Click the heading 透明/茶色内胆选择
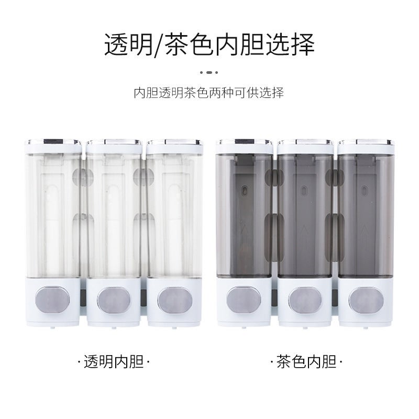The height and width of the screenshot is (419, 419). pos(210,45)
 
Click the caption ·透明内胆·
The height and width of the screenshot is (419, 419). pos(113,361)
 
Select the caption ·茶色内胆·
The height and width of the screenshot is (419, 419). pos(306,361)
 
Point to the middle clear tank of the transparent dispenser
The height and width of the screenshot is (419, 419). pos(113,215)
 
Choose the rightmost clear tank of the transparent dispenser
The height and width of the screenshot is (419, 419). pos(174,215)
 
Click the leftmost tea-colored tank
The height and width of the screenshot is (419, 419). pos(244,215)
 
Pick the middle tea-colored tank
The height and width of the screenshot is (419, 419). pos(305,215)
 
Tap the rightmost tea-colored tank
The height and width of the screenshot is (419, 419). pos(366,215)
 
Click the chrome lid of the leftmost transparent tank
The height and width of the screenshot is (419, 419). pos(53,142)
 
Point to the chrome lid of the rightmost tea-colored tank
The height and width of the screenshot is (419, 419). pos(366,142)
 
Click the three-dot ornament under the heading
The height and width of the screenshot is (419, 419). pos(209,72)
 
